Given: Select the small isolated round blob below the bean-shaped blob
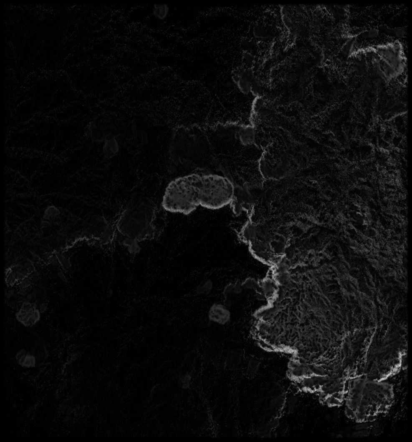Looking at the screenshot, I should click(219, 314).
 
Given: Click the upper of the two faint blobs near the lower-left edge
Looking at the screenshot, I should click(28, 314).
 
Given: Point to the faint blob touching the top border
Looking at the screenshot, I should click(160, 11).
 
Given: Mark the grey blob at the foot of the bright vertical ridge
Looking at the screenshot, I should click(247, 136).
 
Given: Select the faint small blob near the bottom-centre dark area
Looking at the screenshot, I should click(186, 379).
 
